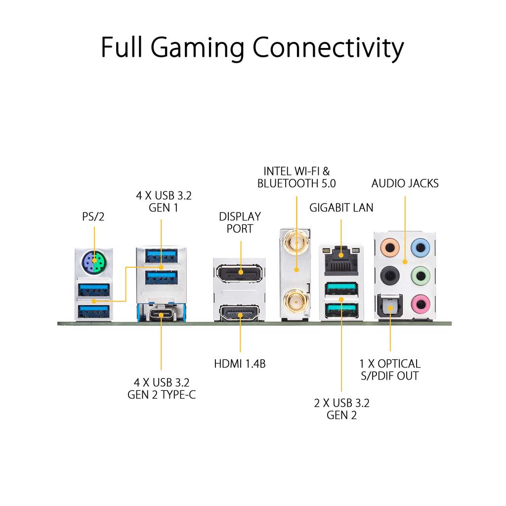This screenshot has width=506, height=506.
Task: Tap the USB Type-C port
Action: click(x=161, y=314)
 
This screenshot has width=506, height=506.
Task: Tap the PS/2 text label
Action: click(x=93, y=216)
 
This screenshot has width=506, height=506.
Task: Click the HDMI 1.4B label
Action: click(x=240, y=364)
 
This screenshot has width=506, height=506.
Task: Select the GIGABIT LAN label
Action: click(x=341, y=208)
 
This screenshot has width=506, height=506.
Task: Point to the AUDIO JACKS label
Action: click(x=405, y=184)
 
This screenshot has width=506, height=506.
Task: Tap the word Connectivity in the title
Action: click(x=328, y=47)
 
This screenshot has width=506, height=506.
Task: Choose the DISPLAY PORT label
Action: click(x=240, y=222)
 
